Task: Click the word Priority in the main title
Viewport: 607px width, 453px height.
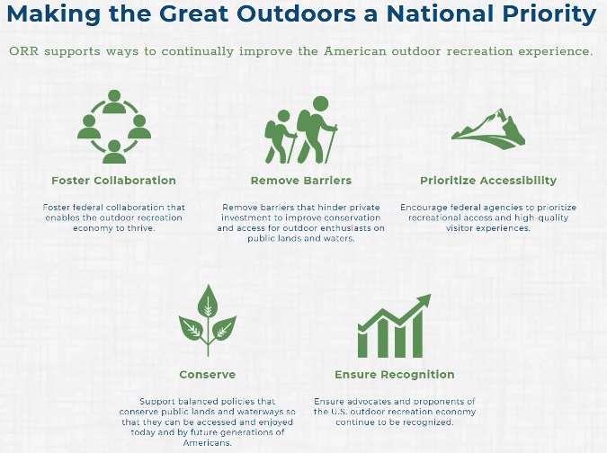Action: click(x=549, y=14)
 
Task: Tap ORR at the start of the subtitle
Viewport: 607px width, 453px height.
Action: click(x=23, y=51)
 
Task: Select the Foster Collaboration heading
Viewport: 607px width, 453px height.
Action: click(x=114, y=181)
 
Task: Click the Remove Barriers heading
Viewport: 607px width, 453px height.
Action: click(x=301, y=181)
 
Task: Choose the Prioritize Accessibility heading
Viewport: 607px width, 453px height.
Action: click(x=488, y=181)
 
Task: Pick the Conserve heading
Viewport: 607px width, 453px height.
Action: click(x=208, y=375)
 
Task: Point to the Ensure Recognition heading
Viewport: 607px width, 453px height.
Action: click(x=395, y=375)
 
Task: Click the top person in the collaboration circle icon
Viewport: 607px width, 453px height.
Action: click(x=114, y=102)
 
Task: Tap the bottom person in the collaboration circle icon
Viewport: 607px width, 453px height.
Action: click(x=114, y=152)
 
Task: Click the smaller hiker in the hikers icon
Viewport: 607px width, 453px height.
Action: click(x=281, y=137)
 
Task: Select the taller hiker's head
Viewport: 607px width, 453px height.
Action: click(x=320, y=104)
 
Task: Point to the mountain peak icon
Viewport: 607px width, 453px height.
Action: click(x=488, y=129)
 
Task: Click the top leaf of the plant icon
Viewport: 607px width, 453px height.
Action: click(x=209, y=302)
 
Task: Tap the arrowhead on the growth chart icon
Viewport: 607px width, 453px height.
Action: click(x=424, y=300)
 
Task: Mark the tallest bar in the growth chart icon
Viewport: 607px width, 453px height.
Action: click(x=417, y=334)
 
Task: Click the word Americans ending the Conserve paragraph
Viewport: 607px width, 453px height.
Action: click(x=208, y=442)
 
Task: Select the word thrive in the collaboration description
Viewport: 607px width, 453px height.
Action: click(x=141, y=228)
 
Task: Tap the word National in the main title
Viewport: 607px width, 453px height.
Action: click(x=441, y=13)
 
